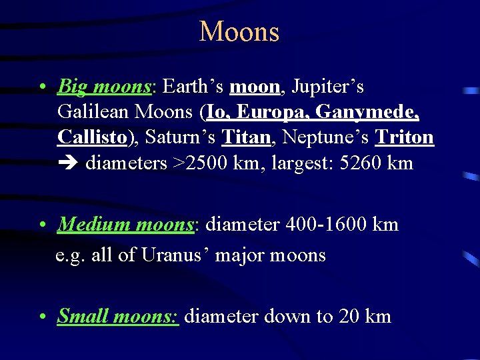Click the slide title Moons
239,31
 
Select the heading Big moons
105,87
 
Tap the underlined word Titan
245,137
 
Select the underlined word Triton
405,137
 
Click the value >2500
201,163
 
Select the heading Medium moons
125,225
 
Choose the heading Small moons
117,315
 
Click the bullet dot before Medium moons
42,225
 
